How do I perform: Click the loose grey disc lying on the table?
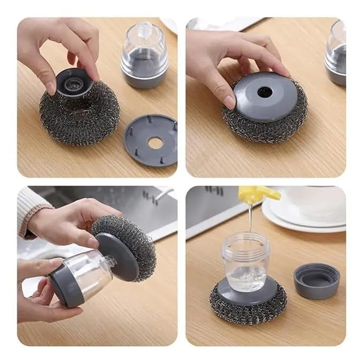point(151,140)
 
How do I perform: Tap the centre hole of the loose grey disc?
point(155,143)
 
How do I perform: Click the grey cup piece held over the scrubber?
point(75,83)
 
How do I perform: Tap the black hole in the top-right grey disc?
point(264,92)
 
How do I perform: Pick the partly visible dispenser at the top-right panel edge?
point(336,54)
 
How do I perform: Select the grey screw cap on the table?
point(316,280)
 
